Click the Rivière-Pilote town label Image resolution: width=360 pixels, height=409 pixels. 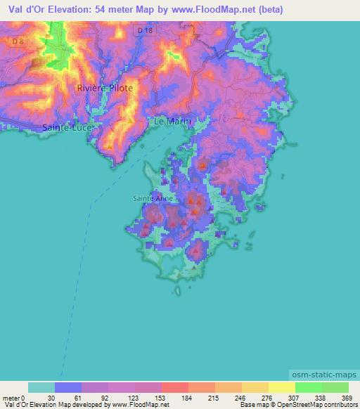tap(104, 89)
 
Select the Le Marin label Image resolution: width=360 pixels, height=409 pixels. tap(172, 122)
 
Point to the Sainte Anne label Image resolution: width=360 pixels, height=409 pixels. tap(153, 198)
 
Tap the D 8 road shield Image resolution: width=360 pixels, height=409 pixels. tap(17, 42)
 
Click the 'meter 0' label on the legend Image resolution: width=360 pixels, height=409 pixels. tap(15, 397)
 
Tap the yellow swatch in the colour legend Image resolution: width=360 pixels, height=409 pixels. tap(281, 387)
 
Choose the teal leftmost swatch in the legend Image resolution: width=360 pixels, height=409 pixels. tap(41, 387)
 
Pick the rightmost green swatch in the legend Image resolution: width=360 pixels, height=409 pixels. tap(335, 387)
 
